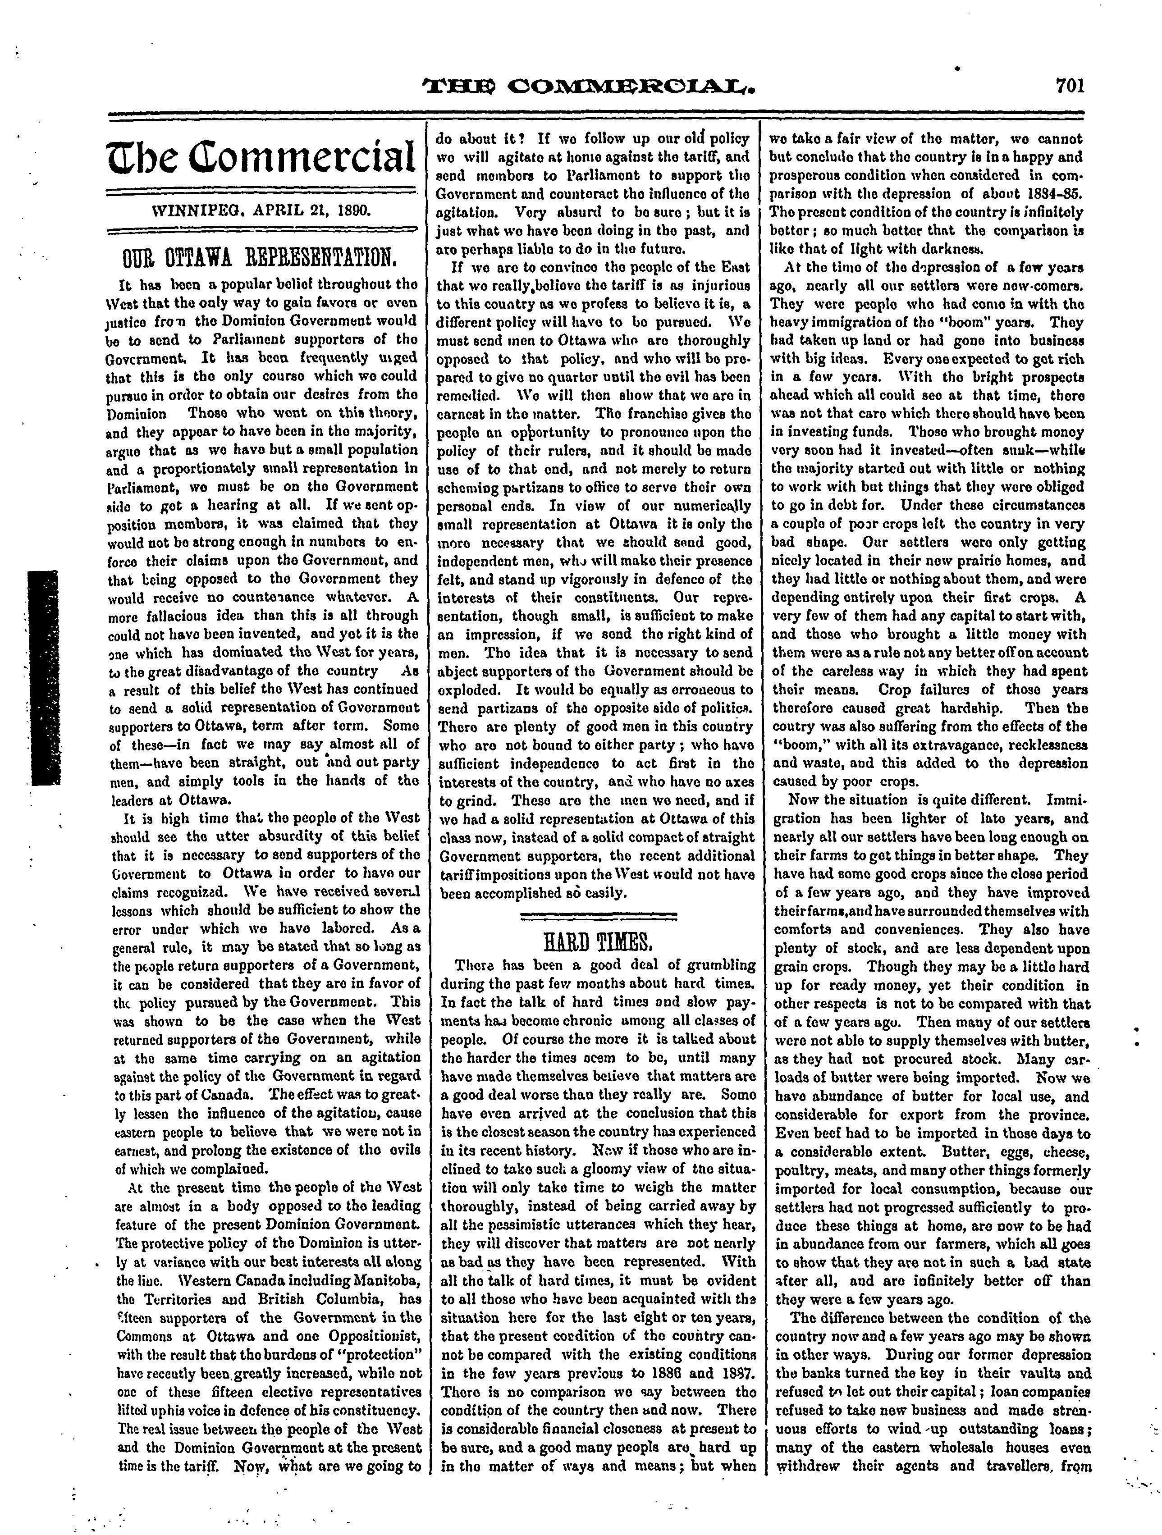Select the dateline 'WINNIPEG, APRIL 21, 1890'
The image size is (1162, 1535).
tap(261, 207)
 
